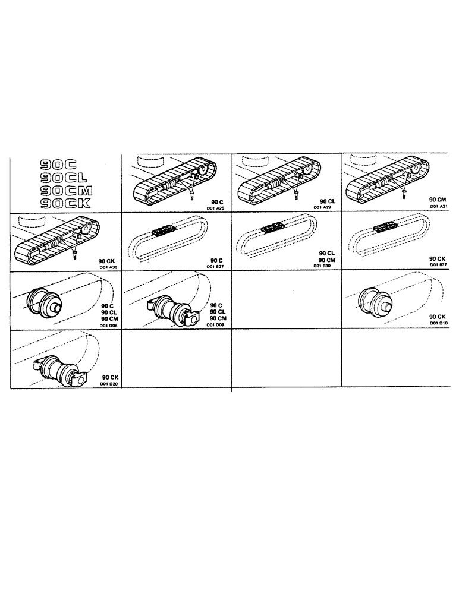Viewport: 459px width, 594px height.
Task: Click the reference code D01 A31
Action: pyautogui.click(x=436, y=207)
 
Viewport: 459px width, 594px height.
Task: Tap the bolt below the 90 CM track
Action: pyautogui.click(x=404, y=191)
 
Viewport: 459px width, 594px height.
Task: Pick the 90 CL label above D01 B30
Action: pyautogui.click(x=326, y=252)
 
